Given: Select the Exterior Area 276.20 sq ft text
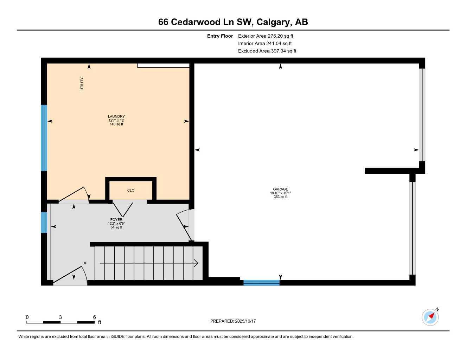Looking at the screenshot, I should [265, 36].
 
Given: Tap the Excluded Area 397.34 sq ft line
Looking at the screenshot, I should [267, 51].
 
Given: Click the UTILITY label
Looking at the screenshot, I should [82, 84].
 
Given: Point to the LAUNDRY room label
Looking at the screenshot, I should [116, 117].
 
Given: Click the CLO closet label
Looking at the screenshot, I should [131, 191].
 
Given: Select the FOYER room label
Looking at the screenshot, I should [116, 220].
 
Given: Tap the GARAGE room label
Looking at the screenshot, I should [280, 189].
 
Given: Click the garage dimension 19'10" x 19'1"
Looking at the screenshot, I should [280, 193].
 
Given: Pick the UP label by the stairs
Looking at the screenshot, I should [85, 263].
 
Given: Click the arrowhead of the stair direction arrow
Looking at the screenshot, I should [196, 263].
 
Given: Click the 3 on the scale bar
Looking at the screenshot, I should [60, 317].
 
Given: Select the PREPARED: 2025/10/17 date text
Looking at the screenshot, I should [233, 321].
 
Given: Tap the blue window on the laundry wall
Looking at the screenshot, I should [44, 138].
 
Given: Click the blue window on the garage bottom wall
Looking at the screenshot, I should [261, 282].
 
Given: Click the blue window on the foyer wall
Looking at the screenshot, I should [44, 222].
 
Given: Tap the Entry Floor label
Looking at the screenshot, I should [220, 36].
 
